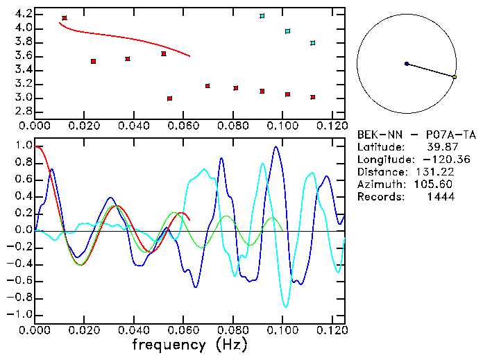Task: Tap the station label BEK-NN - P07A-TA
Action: (416, 135)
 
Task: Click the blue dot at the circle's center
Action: (407, 64)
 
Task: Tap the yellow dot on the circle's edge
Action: (454, 77)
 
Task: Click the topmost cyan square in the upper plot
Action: (262, 16)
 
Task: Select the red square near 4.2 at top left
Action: (65, 18)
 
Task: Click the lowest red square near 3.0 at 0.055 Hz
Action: (170, 98)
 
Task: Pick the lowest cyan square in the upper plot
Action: (313, 43)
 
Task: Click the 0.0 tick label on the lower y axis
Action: (23, 230)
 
